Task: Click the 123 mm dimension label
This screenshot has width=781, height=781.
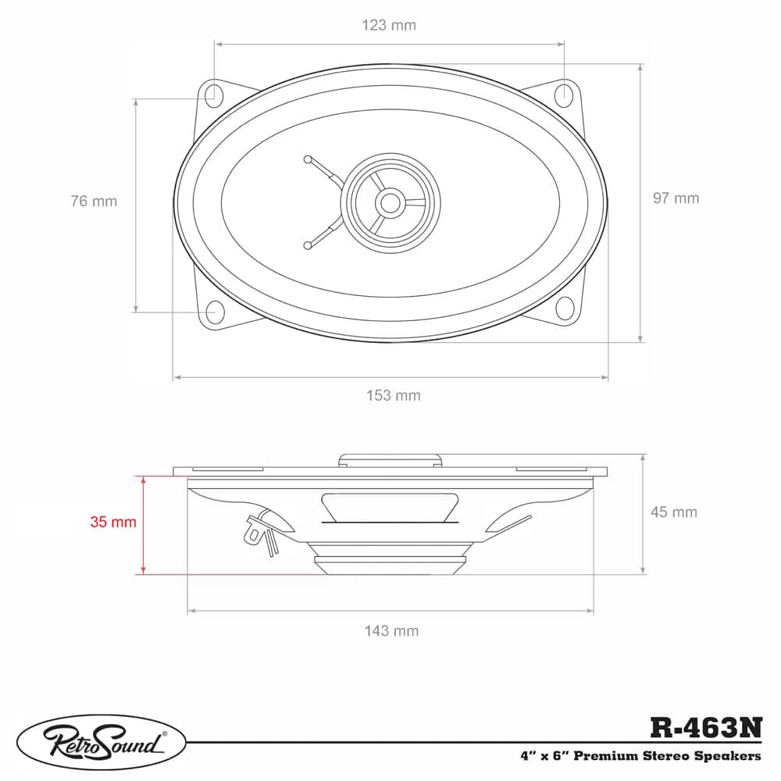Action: [388, 25]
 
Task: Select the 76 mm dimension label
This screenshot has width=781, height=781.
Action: [94, 201]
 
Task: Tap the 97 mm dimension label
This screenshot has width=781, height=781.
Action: [676, 198]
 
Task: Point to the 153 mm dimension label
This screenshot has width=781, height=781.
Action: [394, 395]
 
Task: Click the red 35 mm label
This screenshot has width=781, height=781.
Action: [113, 522]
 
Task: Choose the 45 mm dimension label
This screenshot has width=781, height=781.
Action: [673, 512]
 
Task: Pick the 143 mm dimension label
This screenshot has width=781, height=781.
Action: [391, 630]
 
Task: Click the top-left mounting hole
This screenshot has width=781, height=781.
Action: [213, 94]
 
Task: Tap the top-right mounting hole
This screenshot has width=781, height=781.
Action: [565, 94]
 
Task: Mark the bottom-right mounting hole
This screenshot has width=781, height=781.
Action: [565, 307]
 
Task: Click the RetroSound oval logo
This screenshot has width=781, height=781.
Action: [102, 738]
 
